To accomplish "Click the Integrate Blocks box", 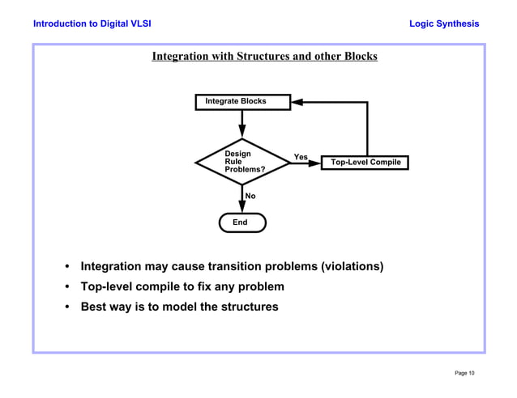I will point(242,102).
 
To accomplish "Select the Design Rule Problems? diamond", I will point(242,162).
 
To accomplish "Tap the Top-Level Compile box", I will point(365,163).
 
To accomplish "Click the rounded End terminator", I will point(241,222).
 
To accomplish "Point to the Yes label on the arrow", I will point(301,156).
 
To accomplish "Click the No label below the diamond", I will point(250,196).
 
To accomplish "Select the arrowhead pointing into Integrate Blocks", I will point(297,103).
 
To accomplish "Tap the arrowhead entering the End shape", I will point(242,207).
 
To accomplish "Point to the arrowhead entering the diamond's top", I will point(242,132).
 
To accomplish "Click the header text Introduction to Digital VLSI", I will point(92,23).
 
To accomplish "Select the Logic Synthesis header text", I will point(444,23).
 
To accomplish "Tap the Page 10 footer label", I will point(464,373).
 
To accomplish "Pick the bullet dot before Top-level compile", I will point(68,287).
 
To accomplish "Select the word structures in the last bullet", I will point(250,307).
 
